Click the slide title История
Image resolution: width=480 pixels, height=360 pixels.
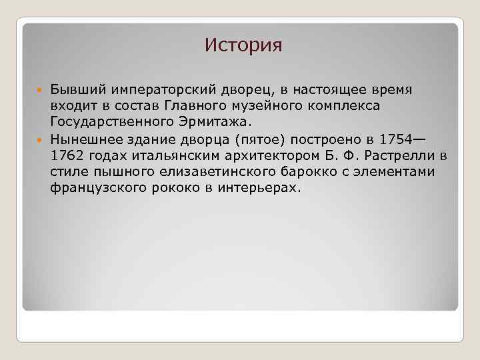tap(243, 45)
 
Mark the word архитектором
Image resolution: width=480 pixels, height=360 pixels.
tap(270, 156)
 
